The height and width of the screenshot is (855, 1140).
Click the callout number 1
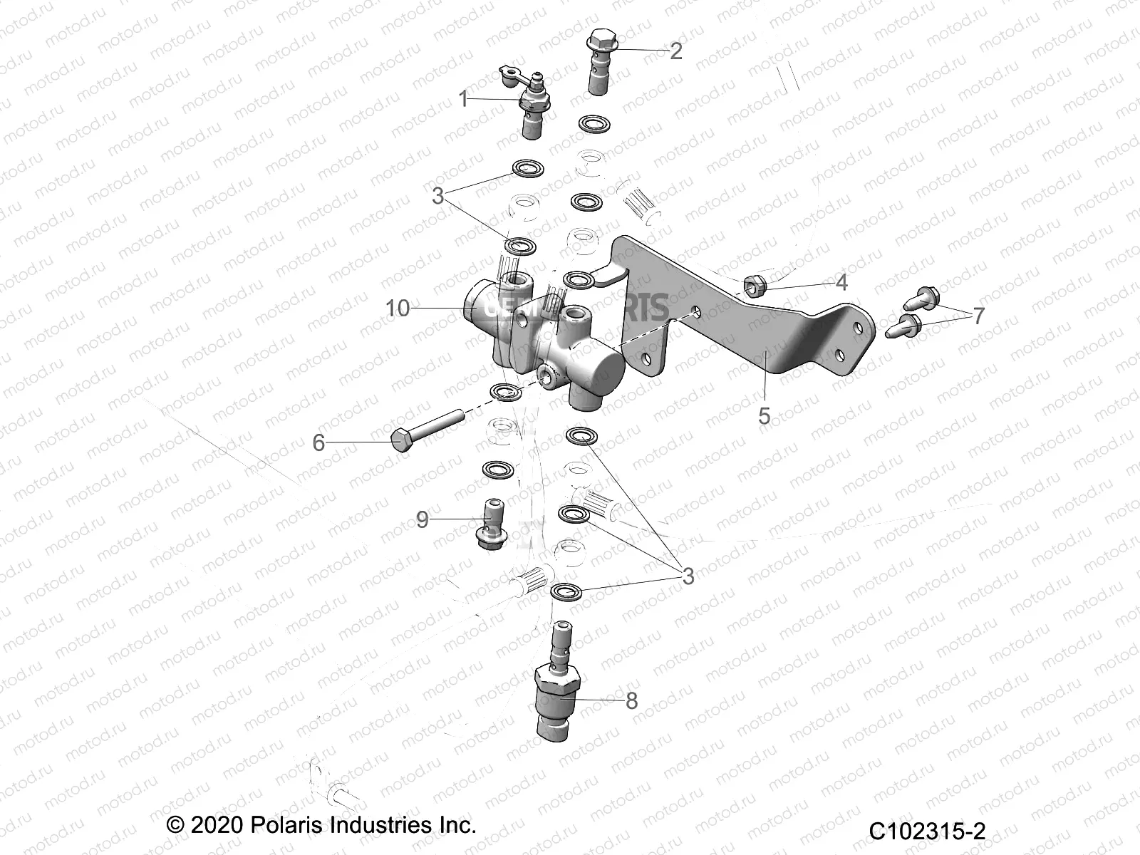tap(463, 98)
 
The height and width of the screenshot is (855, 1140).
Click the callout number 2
tap(676, 50)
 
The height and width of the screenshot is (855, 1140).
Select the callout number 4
tap(841, 283)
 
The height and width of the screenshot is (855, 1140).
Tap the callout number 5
tap(764, 415)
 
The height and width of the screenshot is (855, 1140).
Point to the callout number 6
tap(318, 442)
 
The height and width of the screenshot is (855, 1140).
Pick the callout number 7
tap(978, 315)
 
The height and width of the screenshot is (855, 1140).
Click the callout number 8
tap(631, 700)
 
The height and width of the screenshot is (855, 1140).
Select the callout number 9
tap(423, 519)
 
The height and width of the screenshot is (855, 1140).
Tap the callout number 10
tap(398, 309)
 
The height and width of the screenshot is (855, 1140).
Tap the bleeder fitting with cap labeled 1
tap(530, 108)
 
